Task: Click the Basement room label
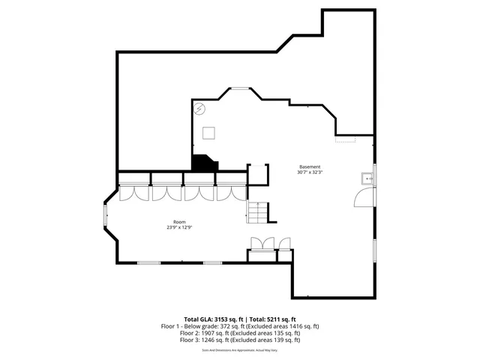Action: (x=310, y=166)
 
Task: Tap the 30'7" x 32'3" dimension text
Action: (x=310, y=172)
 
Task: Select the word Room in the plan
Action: (x=179, y=222)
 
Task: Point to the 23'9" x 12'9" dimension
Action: (x=179, y=228)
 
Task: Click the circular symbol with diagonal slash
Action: (x=199, y=109)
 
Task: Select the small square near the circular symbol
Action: (x=208, y=133)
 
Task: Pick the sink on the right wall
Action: (x=367, y=178)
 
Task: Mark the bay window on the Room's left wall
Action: (x=106, y=217)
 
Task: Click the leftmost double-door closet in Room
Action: (x=134, y=192)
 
